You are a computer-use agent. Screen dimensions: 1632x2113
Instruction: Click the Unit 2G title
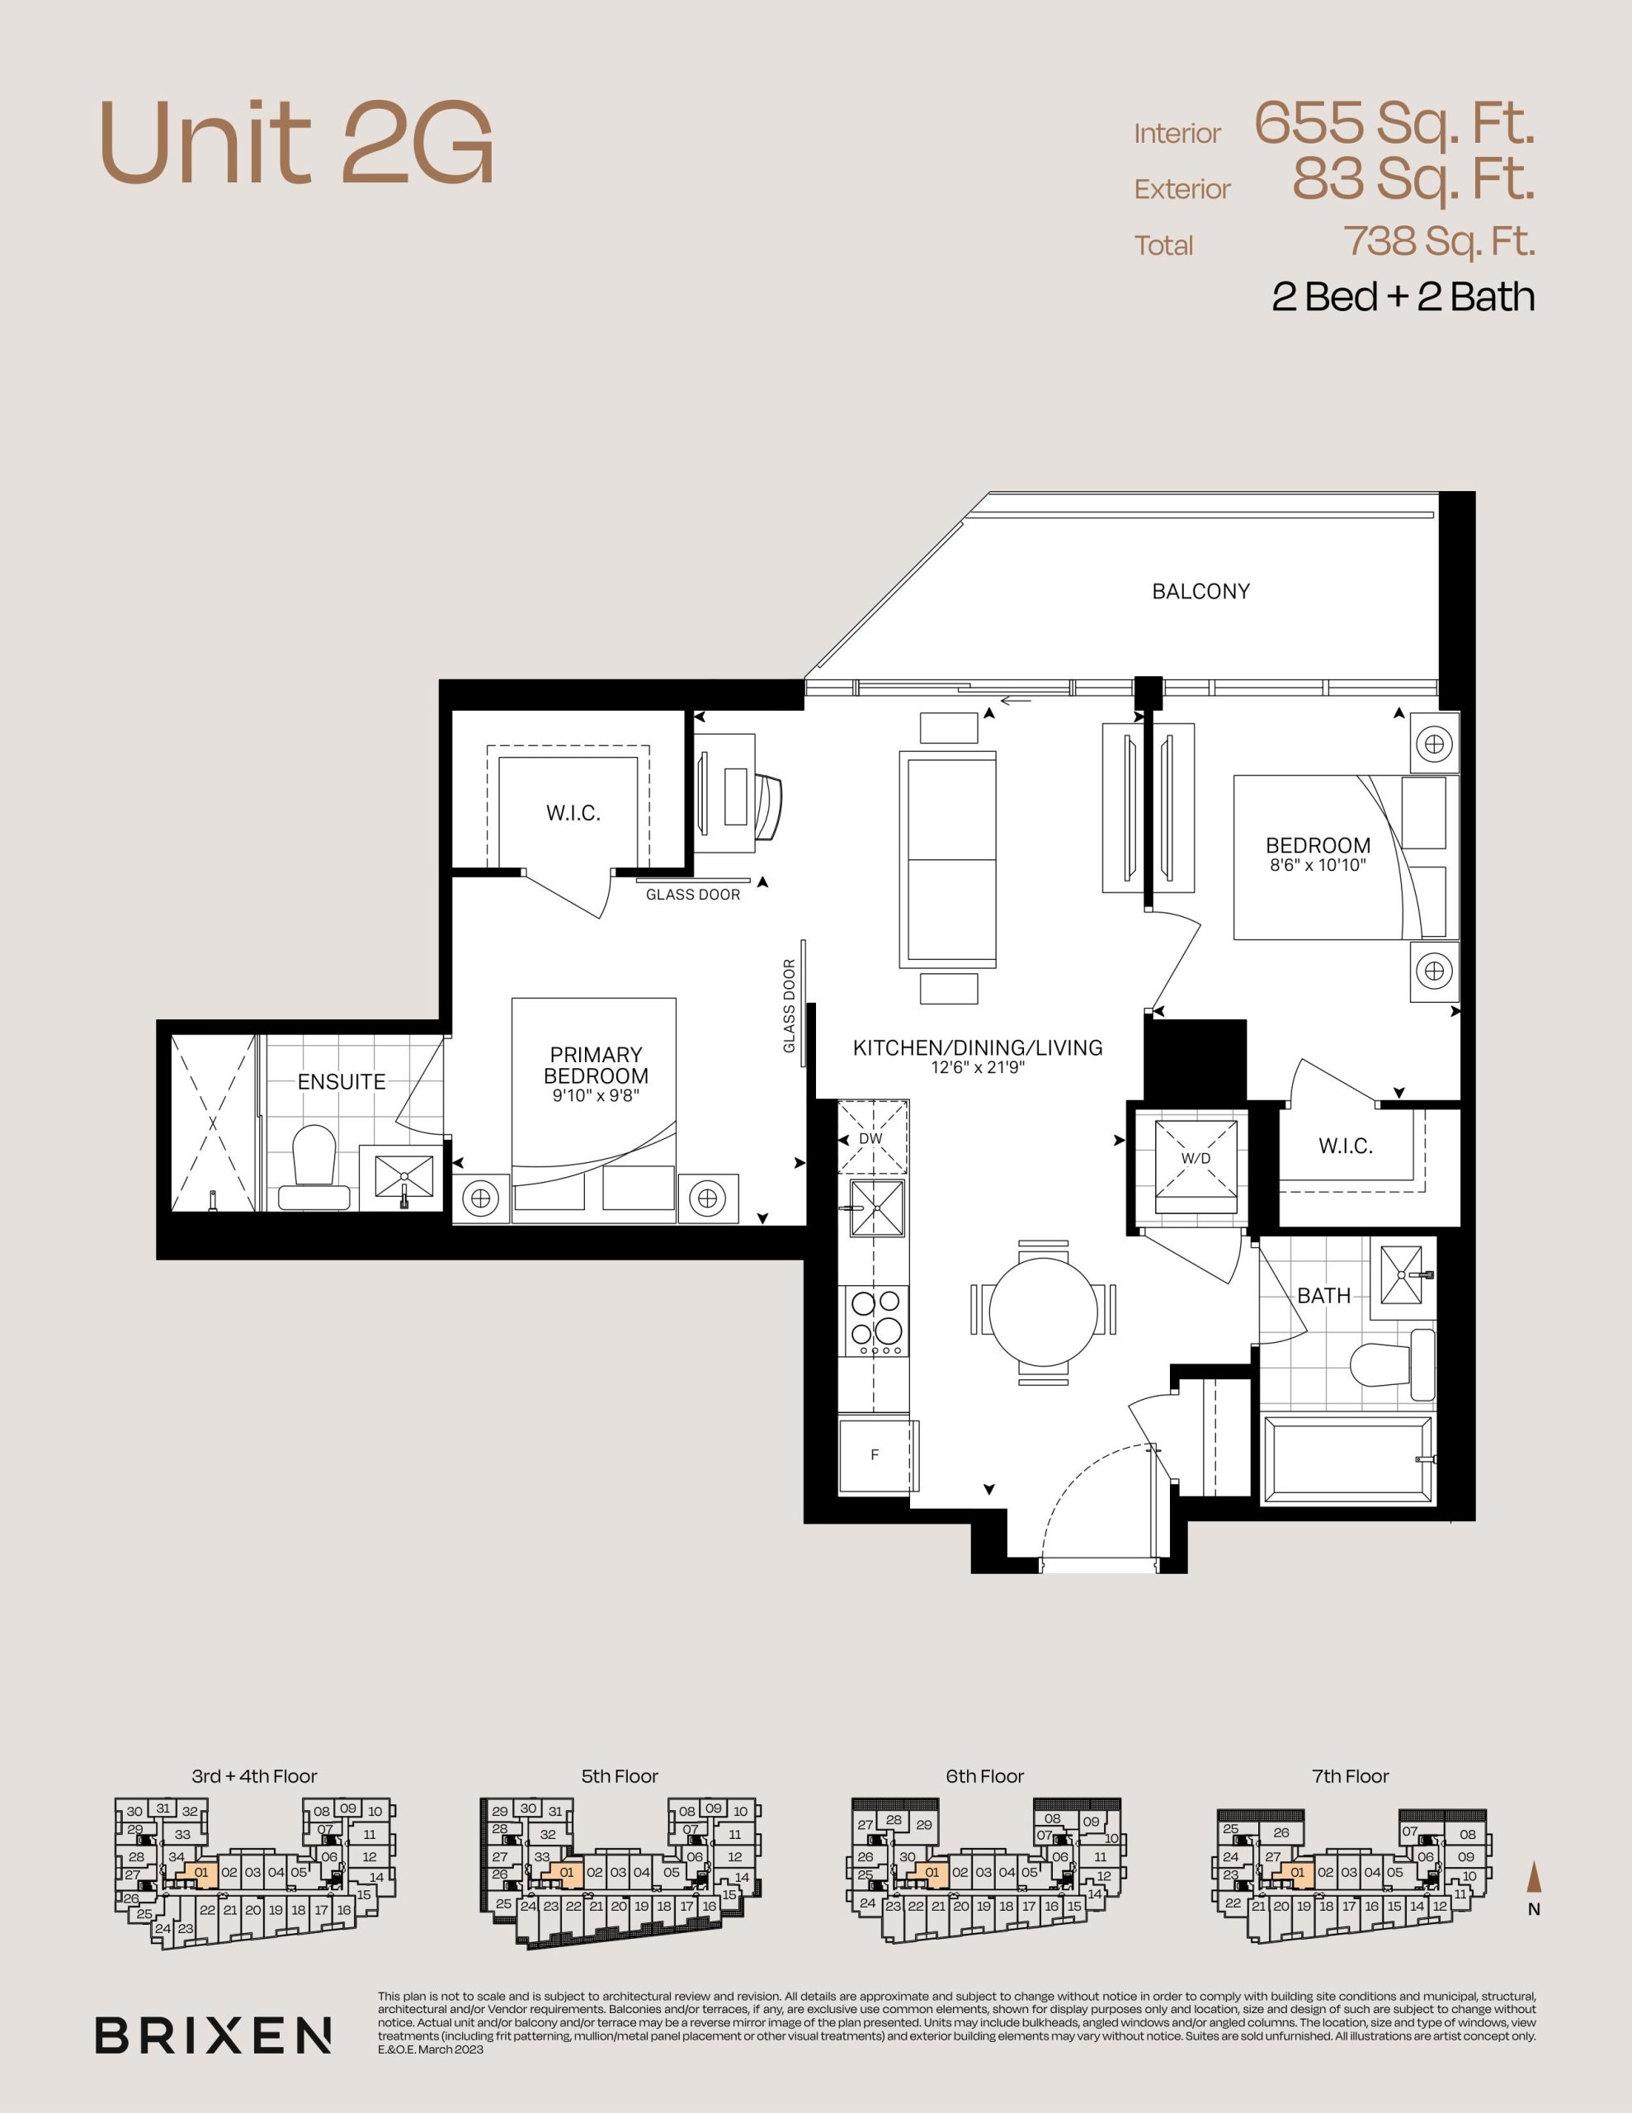(296, 143)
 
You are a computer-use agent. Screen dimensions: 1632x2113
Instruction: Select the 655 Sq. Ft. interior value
(1395, 124)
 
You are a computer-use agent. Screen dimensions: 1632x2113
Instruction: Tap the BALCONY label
(1200, 591)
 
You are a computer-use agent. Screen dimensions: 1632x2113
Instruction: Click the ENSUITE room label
(342, 1081)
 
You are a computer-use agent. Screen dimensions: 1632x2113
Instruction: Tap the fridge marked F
(875, 1455)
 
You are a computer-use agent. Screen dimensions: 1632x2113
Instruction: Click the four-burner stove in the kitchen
(876, 1321)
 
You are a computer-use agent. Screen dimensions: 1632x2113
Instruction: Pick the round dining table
(1044, 1314)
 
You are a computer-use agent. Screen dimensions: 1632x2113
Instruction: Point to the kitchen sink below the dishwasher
(877, 1208)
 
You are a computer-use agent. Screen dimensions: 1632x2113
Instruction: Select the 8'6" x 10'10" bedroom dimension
(1318, 865)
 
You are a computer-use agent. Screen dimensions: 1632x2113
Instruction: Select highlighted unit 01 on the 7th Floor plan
(1296, 1872)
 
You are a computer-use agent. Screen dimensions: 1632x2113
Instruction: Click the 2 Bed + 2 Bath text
(1403, 297)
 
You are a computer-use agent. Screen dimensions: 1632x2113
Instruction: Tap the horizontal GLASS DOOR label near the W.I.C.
(693, 895)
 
